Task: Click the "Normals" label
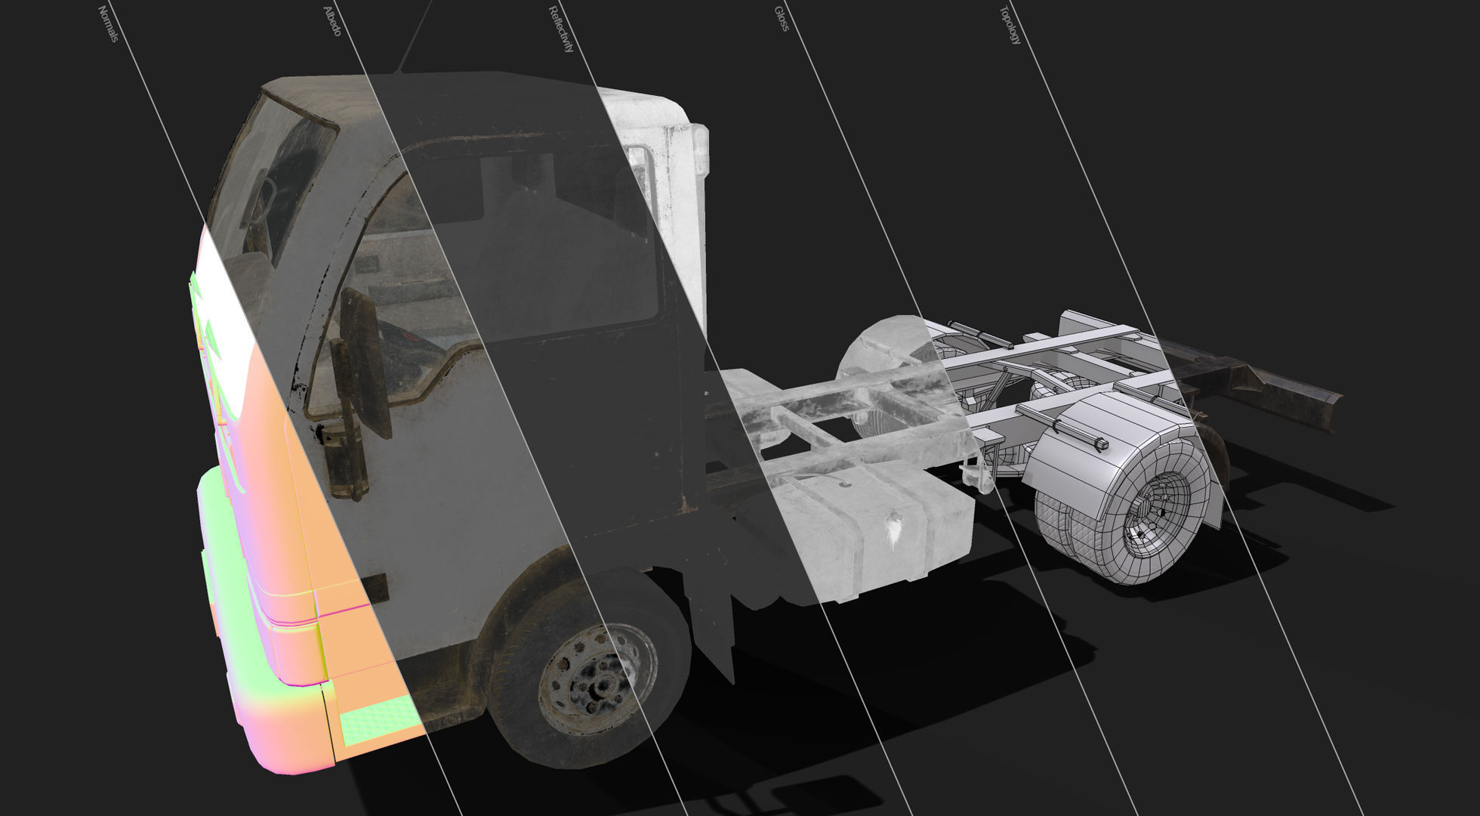coord(109,23)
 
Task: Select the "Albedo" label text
coord(332,21)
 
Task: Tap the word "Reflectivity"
coord(561,29)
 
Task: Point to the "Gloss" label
coord(782,19)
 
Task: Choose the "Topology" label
coord(1010,25)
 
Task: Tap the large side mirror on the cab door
coord(365,362)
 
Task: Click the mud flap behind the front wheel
coord(710,604)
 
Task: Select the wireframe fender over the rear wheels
coord(1110,431)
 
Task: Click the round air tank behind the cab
coord(880,355)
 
